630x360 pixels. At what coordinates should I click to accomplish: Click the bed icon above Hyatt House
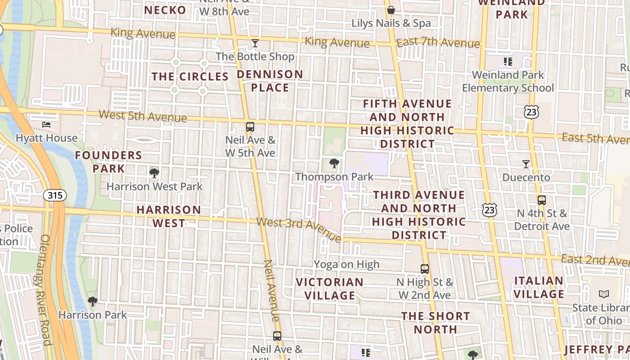[x=46, y=124]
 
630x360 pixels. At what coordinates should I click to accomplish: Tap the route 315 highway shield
[x=55, y=195]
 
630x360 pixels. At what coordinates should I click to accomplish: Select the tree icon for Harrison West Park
[x=154, y=172]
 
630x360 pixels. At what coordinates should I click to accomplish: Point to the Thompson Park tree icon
[x=334, y=163]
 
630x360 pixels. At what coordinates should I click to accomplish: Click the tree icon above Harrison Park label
[x=93, y=301]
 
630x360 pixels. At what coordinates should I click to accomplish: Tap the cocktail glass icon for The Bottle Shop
[x=255, y=43]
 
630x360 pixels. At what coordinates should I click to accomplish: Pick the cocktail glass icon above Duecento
[x=526, y=164]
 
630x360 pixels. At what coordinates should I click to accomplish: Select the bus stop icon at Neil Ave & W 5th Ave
[x=250, y=127]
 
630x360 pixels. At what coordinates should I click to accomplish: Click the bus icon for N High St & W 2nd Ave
[x=425, y=269]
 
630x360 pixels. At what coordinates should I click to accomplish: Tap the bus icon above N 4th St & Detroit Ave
[x=542, y=200]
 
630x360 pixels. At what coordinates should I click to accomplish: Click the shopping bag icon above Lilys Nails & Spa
[x=391, y=9]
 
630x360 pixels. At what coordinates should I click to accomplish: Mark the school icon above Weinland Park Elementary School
[x=508, y=61]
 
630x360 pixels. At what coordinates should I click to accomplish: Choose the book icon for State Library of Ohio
[x=604, y=294]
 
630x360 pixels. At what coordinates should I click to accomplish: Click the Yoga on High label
[x=346, y=264]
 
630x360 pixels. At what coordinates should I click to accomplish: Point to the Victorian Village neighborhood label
[x=330, y=289]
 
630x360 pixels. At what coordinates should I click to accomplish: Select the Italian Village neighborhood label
[x=539, y=288]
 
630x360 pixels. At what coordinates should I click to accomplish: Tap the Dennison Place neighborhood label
[x=270, y=81]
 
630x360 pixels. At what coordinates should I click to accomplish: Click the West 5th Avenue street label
[x=143, y=116]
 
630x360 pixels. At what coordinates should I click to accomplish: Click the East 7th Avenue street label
[x=438, y=43]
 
